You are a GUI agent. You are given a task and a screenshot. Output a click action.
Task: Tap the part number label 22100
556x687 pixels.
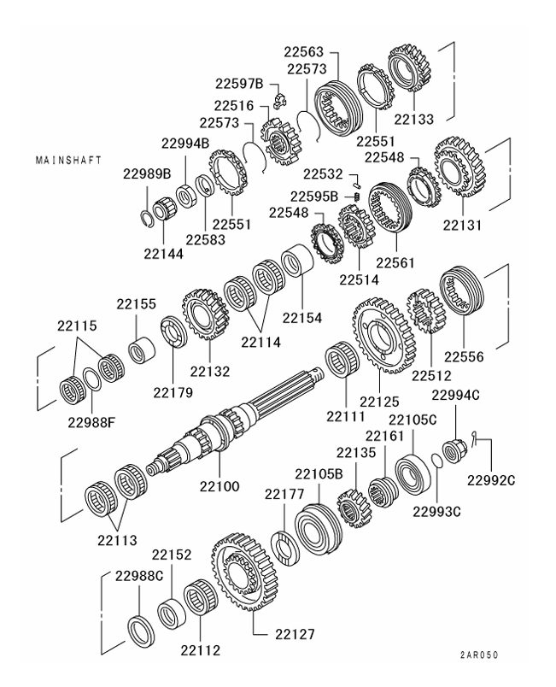tap(219, 486)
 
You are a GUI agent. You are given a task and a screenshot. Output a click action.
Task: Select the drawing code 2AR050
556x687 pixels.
tap(476, 655)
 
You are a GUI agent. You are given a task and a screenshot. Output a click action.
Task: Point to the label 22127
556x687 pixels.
tap(295, 635)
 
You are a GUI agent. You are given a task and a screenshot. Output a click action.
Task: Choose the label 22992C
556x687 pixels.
tap(492, 479)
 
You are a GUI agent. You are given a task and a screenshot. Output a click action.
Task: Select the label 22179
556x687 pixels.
tap(174, 392)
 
